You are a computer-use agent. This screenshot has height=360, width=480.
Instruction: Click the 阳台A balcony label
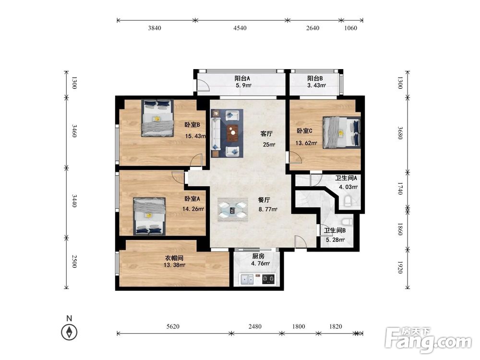coord(242,78)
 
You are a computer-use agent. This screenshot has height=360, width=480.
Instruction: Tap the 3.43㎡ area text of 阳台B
coord(316,85)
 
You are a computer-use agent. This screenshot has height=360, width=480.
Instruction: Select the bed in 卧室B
coord(157,118)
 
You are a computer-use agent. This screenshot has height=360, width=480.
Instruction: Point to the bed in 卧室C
coord(342,132)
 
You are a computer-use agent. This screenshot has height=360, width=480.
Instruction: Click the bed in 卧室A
coord(149,216)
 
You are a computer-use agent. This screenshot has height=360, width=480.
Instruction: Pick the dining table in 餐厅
coord(233,210)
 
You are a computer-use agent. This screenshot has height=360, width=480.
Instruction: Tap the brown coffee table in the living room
coord(233,133)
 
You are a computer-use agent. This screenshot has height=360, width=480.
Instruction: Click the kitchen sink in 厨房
coord(247,279)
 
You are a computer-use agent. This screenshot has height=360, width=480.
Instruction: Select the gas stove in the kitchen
coord(268,279)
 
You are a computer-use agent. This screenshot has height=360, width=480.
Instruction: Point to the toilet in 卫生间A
coord(348,201)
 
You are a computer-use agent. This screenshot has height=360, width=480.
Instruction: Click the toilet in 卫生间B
coord(346,221)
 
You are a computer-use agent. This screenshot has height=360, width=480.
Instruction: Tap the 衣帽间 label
coord(174,258)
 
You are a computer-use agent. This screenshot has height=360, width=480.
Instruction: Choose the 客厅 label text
coord(266,134)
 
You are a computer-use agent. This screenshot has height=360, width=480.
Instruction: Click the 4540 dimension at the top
coord(240,28)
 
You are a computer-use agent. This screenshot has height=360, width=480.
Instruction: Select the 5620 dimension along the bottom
coord(173,326)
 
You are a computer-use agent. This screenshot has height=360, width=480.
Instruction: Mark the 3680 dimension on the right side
coord(400,133)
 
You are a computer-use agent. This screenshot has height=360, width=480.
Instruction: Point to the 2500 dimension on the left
coord(74,262)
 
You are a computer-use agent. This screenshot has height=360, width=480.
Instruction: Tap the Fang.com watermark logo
coord(429,340)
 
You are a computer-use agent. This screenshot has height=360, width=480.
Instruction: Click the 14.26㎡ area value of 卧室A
coord(193,209)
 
